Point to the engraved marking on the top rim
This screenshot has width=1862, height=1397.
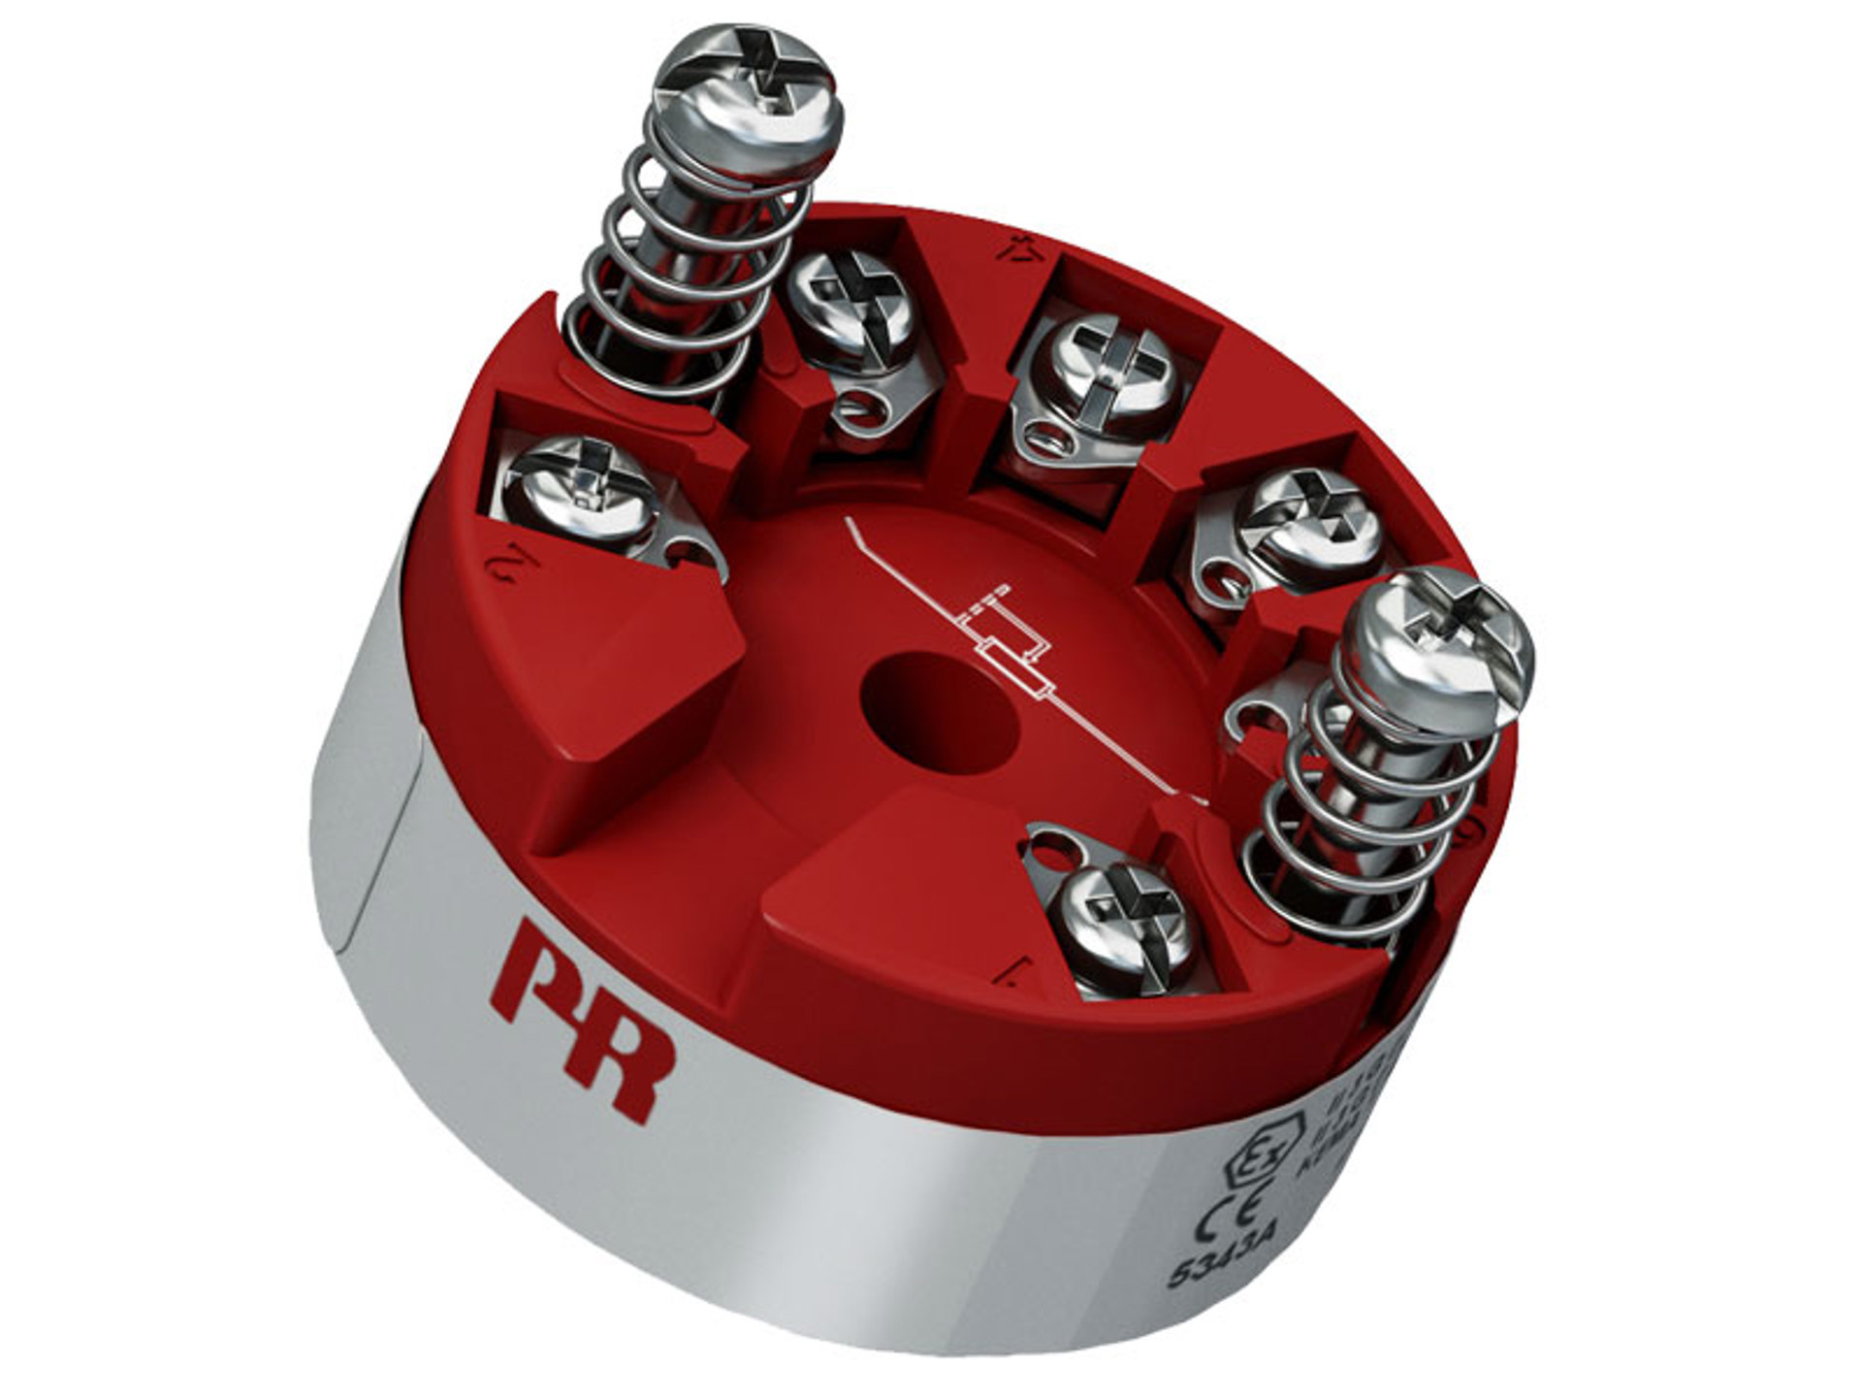tap(1014, 246)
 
